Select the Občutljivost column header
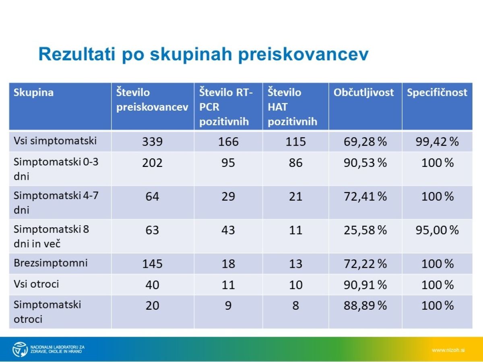pos(363,93)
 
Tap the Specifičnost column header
pos(437,93)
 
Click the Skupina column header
pos(33,93)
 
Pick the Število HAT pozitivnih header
pos(292,107)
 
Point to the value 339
pos(152,142)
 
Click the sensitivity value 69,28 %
pos(365,142)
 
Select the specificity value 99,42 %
pos(437,142)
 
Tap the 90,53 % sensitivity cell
pos(365,163)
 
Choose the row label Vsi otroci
pos(36,284)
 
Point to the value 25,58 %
pos(365,230)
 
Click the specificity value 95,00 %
pos(437,230)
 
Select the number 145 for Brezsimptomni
pos(152,264)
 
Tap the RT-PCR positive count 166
pos(228,142)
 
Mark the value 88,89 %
pos(365,306)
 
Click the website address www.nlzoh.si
pos(448,350)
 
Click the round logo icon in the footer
pos(20,349)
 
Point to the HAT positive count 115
pos(295,142)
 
